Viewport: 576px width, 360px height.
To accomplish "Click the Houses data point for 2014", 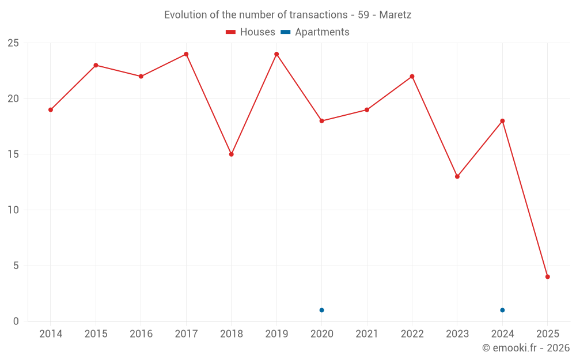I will click(51, 109).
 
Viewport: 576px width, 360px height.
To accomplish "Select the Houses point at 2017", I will click(186, 54).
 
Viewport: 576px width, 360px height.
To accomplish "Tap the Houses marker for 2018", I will click(232, 154).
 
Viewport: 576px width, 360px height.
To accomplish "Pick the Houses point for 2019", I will click(276, 54).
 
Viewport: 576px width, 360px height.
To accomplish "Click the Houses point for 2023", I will click(457, 176).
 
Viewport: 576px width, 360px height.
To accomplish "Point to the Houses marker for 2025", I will click(548, 276).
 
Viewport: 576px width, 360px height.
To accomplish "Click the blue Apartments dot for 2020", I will click(321, 310).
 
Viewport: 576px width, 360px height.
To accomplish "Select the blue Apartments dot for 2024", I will click(502, 310).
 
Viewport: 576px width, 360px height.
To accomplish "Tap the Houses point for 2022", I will click(412, 76).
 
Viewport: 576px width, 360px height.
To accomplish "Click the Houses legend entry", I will click(251, 32).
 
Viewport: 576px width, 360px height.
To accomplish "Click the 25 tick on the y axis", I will click(13, 43).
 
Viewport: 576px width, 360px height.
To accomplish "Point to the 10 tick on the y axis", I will click(13, 210).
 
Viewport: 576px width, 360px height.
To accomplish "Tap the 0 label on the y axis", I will click(16, 321).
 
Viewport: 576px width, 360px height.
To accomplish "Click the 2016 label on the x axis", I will click(141, 334).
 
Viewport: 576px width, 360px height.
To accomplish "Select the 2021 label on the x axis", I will click(367, 334).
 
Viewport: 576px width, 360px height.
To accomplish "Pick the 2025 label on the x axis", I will click(548, 334).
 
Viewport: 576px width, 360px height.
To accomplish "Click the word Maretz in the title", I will click(395, 15).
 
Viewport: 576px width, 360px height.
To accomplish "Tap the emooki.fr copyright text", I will click(526, 348).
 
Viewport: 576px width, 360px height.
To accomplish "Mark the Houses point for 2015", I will click(96, 65).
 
